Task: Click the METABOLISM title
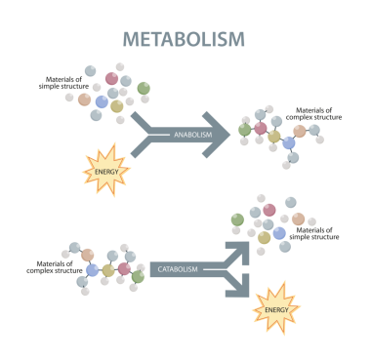[184, 39]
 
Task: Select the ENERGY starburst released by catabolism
[275, 311]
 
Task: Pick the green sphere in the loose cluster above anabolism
[144, 89]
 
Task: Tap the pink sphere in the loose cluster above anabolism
[111, 78]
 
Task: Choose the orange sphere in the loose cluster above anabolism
[85, 99]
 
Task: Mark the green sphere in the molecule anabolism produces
[245, 129]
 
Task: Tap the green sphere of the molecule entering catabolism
[138, 277]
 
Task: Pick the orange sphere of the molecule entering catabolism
[88, 256]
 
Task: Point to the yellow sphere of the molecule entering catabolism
[107, 269]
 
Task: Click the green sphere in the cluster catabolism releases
[237, 220]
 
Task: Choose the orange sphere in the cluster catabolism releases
[298, 219]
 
